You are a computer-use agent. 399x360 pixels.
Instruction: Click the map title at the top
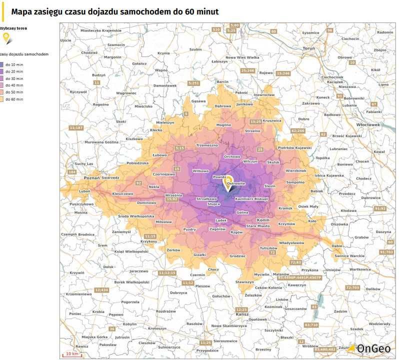tap(114, 11)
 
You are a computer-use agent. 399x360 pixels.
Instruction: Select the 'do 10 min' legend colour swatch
tap(2, 64)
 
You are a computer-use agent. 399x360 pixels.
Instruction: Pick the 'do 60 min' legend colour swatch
tap(2, 99)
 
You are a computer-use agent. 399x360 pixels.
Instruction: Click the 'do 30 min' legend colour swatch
tap(2, 78)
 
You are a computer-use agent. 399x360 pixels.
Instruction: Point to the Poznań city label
tap(77, 178)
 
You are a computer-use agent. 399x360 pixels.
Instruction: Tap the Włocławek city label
tap(368, 124)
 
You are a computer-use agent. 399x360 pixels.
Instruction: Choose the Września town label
tap(173, 195)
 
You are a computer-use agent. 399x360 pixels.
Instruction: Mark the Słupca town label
tap(214, 204)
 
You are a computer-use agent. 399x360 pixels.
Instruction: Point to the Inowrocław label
tap(263, 94)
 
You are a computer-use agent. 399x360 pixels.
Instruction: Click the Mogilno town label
tap(223, 124)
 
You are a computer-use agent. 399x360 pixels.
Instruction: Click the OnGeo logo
tap(372, 348)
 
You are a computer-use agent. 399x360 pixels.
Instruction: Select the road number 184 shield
tap(72, 172)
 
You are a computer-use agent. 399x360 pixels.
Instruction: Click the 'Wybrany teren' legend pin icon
tap(5, 36)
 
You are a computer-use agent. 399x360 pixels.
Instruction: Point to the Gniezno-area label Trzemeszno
tap(207, 145)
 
